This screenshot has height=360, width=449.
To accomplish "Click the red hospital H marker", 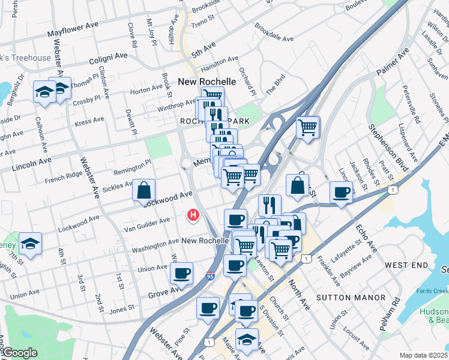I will coord(193,214).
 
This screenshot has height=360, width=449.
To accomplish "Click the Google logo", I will coord(20,353).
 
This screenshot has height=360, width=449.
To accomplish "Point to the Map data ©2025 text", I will coord(423,355).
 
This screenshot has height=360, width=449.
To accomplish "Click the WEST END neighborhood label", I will coord(406,265).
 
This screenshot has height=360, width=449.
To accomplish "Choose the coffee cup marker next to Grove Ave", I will coord(181,274).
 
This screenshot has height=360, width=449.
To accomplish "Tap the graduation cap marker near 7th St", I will coord(30,244).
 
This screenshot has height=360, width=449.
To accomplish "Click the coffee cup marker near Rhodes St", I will coord(341,193).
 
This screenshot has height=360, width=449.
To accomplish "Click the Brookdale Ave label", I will coord(274,33).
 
